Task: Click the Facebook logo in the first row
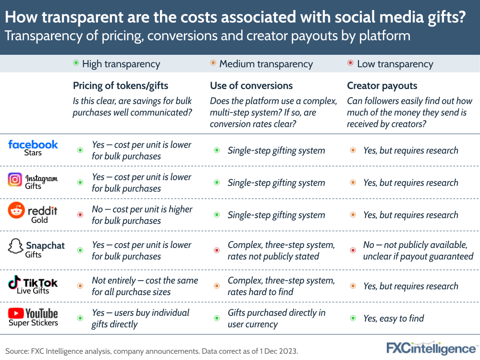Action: pyautogui.click(x=33, y=144)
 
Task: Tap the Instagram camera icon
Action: pyautogui.click(x=15, y=180)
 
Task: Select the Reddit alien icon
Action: pyautogui.click(x=15, y=211)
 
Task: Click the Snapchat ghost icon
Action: pyautogui.click(x=15, y=246)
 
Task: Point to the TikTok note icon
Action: pyautogui.click(x=14, y=282)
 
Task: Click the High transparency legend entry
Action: pyautogui.click(x=116, y=64)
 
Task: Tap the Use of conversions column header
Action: pyautogui.click(x=251, y=86)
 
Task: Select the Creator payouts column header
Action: pyautogui.click(x=382, y=86)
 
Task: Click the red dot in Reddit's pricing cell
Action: pyautogui.click(x=80, y=215)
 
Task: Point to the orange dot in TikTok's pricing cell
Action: pyautogui.click(x=80, y=286)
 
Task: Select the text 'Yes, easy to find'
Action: pyautogui.click(x=394, y=318)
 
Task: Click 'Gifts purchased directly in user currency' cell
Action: pyautogui.click(x=276, y=318)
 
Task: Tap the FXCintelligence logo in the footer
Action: pyautogui.click(x=431, y=348)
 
